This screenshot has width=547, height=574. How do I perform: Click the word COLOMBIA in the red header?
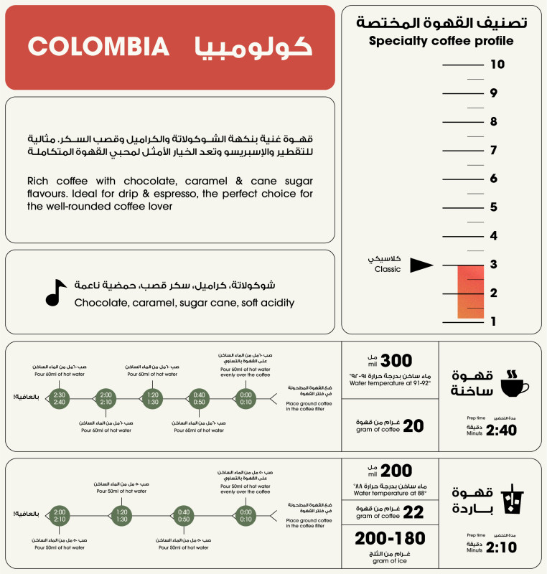[99, 47]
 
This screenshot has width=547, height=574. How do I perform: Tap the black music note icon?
[55, 292]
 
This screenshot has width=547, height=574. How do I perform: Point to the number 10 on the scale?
[497, 65]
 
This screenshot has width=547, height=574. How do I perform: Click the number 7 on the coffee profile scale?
[493, 150]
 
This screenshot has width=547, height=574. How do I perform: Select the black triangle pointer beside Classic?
[421, 265]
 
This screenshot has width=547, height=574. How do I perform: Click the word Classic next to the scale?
[388, 270]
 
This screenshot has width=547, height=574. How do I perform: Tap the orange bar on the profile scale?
[471, 291]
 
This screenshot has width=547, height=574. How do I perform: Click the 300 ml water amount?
[396, 361]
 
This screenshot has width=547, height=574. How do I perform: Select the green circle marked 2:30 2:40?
[60, 397]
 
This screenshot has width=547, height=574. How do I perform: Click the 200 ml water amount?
[396, 471]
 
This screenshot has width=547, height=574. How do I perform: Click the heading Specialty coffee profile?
[441, 41]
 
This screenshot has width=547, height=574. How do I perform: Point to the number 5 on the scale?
[493, 207]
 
